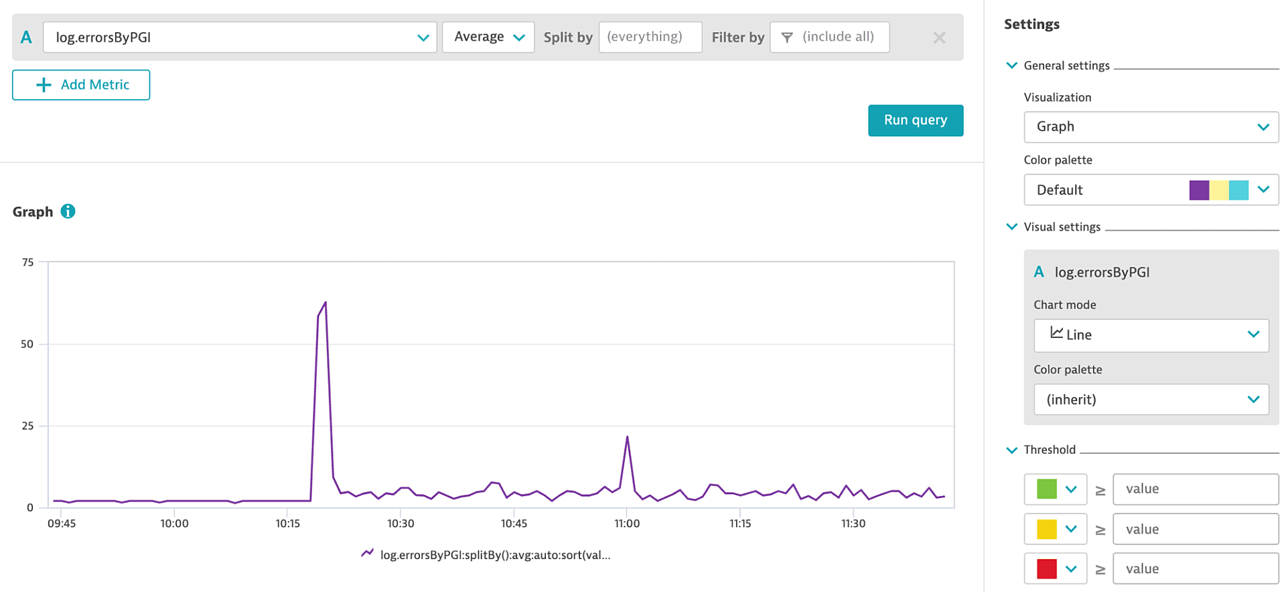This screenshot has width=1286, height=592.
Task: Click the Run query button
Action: coord(915,121)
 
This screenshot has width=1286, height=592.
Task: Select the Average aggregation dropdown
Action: coord(488,38)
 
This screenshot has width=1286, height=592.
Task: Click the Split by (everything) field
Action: coord(650,38)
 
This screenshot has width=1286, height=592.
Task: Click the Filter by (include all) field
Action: coord(829,38)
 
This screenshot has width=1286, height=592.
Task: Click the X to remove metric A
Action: coord(939,38)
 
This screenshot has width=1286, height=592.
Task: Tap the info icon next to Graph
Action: coord(68,211)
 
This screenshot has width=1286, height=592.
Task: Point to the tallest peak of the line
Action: coord(326,303)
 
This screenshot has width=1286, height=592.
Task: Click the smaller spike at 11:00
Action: coord(627,438)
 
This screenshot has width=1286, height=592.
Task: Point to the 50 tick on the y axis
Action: coord(27,344)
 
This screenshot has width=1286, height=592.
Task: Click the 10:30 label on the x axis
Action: coord(401,524)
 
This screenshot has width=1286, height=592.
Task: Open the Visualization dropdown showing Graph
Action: coord(1151,127)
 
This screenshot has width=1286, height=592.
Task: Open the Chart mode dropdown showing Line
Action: coord(1151,335)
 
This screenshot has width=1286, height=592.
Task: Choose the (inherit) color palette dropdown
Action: coord(1151,400)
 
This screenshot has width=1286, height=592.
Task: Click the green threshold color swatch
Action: coord(1046,489)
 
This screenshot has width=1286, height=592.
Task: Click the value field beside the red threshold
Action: coord(1195,569)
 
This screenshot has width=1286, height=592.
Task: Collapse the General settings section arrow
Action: coord(1011,65)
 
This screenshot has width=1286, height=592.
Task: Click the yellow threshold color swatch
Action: coord(1046,529)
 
